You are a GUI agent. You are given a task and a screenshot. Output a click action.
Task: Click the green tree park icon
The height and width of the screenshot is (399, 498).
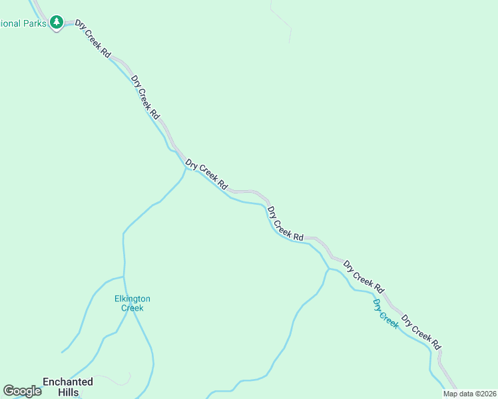coord(57,23)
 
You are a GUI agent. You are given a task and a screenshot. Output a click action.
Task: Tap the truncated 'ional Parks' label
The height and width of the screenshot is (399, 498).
coord(24,23)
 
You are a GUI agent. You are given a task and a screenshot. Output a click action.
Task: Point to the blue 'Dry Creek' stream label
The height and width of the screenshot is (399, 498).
coord(385,314)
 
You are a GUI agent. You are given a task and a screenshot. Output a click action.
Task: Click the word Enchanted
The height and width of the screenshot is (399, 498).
coord(68,382)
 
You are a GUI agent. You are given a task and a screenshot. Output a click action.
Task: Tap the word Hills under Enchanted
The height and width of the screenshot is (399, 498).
coord(68,392)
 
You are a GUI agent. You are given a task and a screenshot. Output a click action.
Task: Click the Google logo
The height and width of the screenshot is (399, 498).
coord(22,391)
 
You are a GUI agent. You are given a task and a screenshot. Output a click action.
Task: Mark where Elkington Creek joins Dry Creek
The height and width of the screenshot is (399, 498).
coord(186,168)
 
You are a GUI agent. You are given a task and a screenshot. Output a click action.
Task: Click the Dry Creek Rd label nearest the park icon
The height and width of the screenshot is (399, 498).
coord(93,39)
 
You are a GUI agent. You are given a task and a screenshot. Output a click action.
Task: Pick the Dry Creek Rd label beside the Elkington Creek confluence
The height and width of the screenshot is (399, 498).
coord(207,174)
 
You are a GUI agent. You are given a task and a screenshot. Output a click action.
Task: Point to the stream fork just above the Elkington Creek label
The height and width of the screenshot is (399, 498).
coord(124,275)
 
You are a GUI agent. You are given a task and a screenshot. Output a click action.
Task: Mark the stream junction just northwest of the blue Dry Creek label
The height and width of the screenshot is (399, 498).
coord(329,269)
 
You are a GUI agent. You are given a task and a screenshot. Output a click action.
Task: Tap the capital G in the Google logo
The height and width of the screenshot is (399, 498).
coord(9,391)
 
